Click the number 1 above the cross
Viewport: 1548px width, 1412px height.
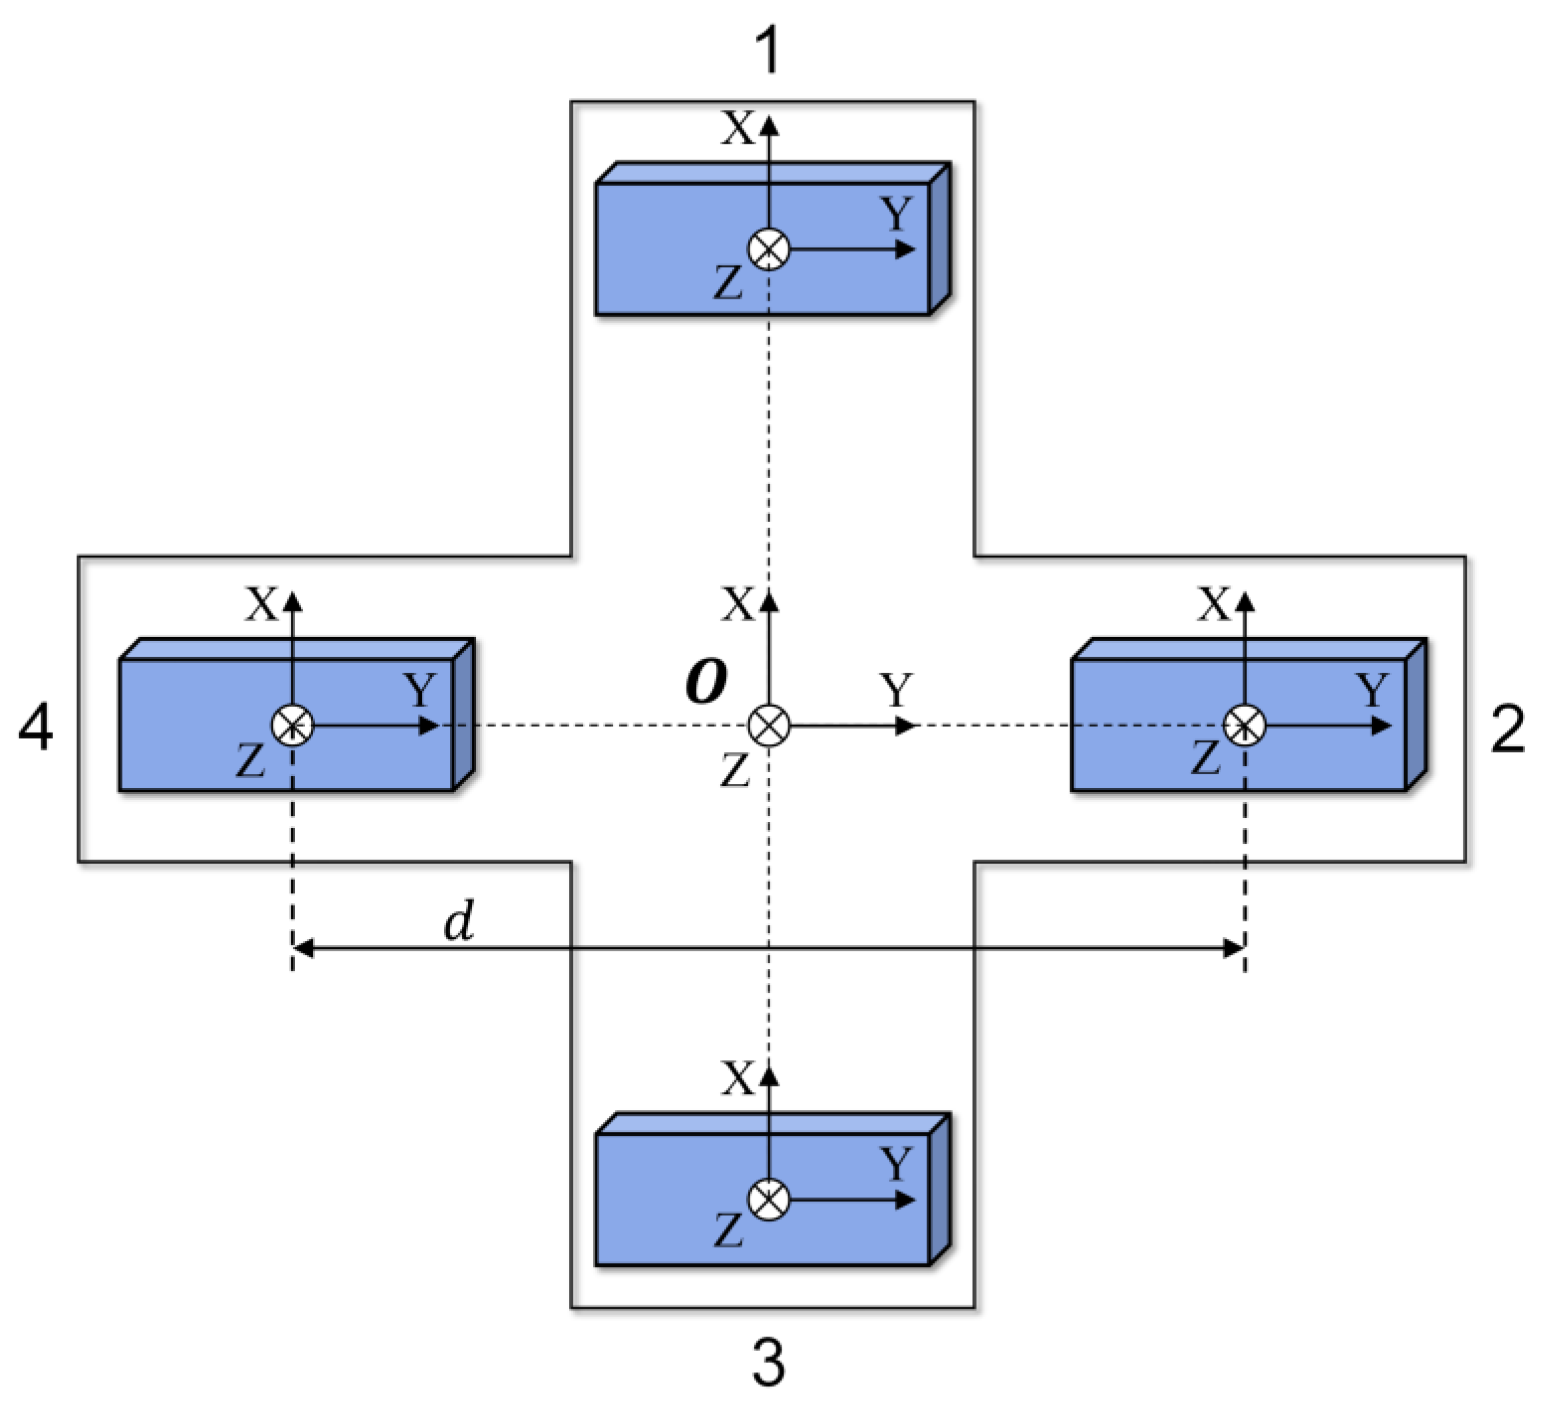[x=768, y=52]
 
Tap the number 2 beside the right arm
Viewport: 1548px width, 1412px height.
[x=1508, y=730]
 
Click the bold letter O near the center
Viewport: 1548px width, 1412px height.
[x=706, y=682]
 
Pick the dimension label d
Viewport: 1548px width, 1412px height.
[x=459, y=922]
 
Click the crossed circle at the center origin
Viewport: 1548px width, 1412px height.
[x=768, y=725]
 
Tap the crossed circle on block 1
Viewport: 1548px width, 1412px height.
[x=768, y=249]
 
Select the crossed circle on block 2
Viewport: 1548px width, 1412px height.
[x=1245, y=725]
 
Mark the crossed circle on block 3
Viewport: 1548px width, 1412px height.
[x=768, y=1200]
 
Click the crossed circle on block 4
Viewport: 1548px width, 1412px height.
[x=293, y=725]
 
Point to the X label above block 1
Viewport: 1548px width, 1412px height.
[x=738, y=129]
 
